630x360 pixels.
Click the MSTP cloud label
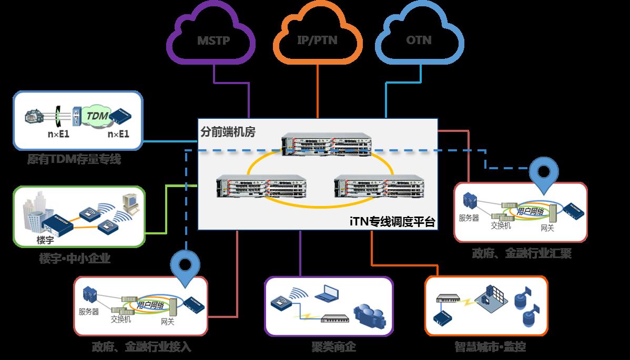click(214, 40)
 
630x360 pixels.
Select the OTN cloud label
click(419, 40)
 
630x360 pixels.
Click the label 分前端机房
click(228, 132)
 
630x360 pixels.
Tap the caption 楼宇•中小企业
click(75, 258)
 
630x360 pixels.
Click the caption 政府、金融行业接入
click(141, 347)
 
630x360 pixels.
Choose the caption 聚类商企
click(329, 347)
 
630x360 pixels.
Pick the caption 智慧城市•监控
click(490, 347)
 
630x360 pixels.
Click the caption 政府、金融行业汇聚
click(521, 254)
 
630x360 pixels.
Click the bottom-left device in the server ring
click(261, 188)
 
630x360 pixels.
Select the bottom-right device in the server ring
click(379, 188)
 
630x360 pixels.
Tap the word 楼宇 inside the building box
click(45, 240)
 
